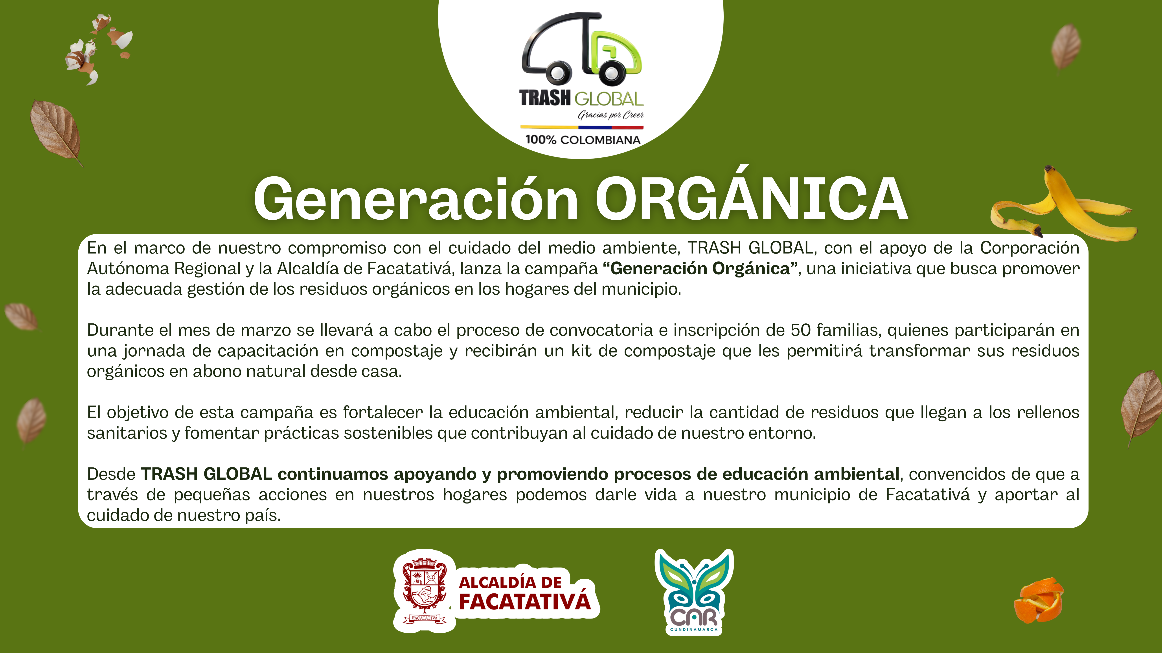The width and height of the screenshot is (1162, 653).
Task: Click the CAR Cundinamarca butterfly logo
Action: click(x=694, y=592)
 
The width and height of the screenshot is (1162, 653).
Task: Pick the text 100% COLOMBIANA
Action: click(x=582, y=140)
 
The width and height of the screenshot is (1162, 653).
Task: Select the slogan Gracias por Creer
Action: click(x=611, y=115)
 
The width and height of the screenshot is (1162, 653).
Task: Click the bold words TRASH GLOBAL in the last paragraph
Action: click(x=206, y=474)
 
